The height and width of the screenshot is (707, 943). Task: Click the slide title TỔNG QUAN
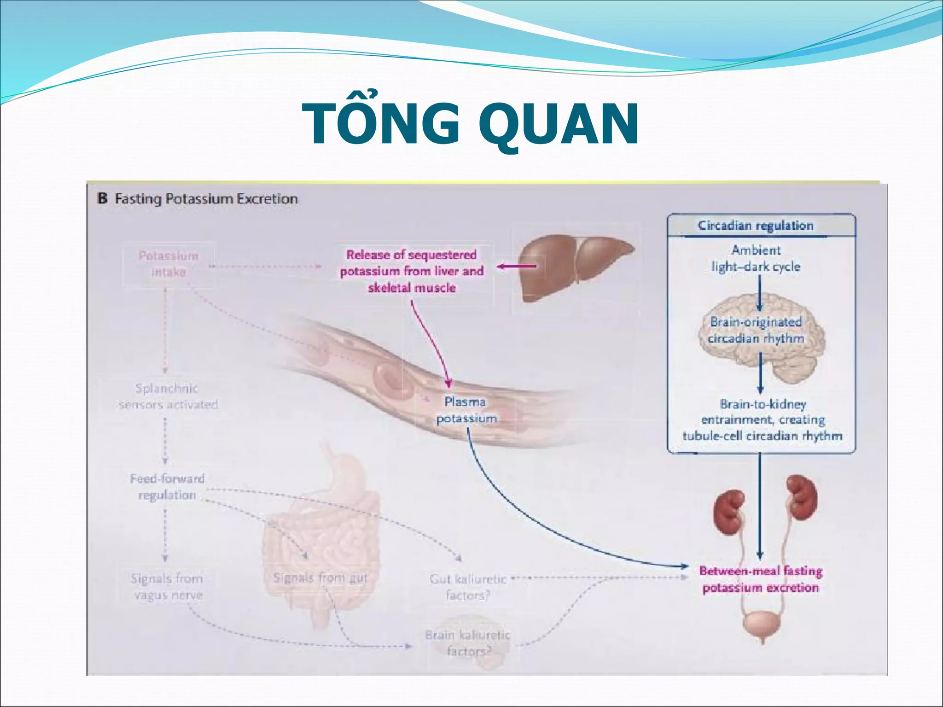(471, 123)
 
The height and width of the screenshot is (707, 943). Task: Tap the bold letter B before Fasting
(102, 199)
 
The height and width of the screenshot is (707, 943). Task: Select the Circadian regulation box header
(756, 226)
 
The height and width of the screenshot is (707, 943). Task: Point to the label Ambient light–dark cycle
(756, 258)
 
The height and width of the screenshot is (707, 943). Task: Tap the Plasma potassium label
(466, 410)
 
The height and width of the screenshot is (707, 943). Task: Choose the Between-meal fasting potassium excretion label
(761, 580)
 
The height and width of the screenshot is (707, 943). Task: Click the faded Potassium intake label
(169, 264)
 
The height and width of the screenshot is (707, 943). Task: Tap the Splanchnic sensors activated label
(168, 396)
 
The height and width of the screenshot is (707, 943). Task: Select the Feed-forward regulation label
(167, 487)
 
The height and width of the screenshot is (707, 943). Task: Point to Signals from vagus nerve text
(168, 586)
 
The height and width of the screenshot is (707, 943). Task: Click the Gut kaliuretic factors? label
(468, 587)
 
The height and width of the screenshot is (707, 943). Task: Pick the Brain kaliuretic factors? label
(468, 643)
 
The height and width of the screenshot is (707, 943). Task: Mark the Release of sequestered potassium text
(412, 271)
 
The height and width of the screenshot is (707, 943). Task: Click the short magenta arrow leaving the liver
(517, 266)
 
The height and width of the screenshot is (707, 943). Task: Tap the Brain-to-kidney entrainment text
(763, 420)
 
